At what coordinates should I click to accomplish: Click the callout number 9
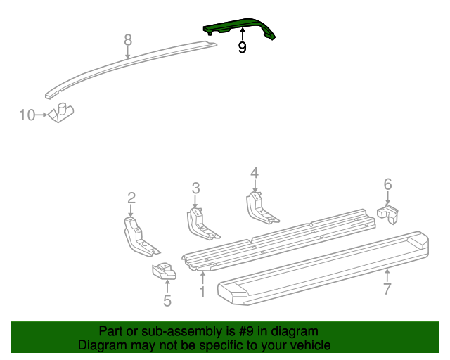tap(242, 48)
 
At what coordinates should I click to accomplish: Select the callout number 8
tap(127, 39)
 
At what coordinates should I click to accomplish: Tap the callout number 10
tap(27, 115)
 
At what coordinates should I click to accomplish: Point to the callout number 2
tap(131, 198)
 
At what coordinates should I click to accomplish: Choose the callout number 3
tap(196, 188)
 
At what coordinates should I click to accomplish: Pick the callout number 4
tap(255, 173)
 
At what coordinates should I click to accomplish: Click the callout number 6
tap(387, 184)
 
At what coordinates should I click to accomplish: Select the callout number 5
tap(167, 301)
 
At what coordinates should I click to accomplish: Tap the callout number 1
tap(202, 291)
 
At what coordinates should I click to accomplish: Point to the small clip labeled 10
tap(63, 112)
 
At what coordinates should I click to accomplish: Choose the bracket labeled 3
tap(200, 222)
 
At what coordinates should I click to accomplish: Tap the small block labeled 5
tap(165, 270)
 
